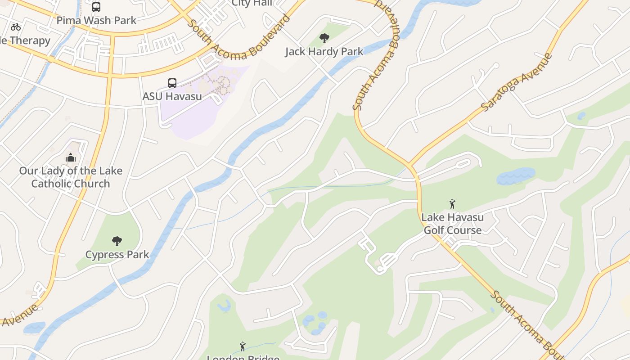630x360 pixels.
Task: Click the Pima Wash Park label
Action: [96, 20]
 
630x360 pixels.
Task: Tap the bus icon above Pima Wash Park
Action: [96, 7]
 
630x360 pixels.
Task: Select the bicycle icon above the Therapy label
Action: [16, 27]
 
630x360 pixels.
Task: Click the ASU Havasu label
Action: [172, 96]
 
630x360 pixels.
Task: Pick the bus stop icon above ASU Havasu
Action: [172, 83]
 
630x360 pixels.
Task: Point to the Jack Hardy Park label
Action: [324, 52]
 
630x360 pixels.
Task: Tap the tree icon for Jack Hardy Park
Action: [324, 39]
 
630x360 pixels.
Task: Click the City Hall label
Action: [252, 4]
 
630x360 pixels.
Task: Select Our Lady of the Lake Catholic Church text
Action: [71, 177]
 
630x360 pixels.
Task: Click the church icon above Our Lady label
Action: [71, 157]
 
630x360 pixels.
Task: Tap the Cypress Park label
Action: [117, 254]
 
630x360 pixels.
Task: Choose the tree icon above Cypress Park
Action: [117, 241]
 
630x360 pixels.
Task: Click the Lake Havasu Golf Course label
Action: [452, 224]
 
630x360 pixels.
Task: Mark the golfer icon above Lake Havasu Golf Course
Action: [452, 204]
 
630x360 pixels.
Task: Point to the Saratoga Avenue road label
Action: [517, 82]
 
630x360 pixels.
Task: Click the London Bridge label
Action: [243, 357]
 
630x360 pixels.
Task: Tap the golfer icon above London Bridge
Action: [243, 346]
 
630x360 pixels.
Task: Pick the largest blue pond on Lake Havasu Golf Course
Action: [516, 176]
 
